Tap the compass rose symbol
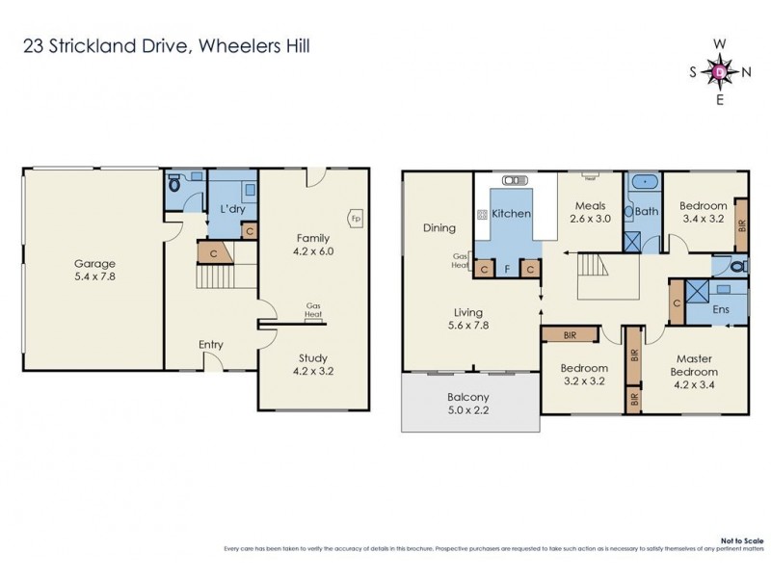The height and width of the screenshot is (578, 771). tap(720, 71)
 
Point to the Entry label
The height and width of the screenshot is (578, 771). tap(211, 344)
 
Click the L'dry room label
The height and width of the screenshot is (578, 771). tap(231, 209)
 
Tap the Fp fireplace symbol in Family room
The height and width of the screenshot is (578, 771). tap(354, 218)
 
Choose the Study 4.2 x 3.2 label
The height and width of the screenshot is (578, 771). tap(313, 364)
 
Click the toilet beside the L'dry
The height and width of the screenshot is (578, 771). tap(174, 187)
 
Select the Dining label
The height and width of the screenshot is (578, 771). tap(439, 228)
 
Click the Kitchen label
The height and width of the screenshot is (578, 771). tap(512, 213)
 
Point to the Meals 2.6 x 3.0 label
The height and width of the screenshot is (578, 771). tap(590, 212)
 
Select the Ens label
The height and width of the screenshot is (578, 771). tap(719, 310)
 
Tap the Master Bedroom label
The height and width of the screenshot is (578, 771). tap(696, 365)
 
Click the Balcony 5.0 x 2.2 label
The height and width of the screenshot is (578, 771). tap(469, 404)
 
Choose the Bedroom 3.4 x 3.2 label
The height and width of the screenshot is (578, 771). tap(702, 212)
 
